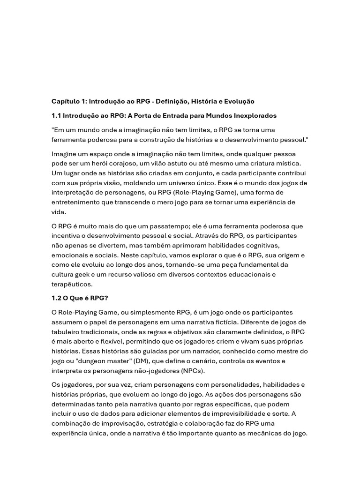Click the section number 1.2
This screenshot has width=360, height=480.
coord(56,298)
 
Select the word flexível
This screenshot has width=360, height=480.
coord(118,341)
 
